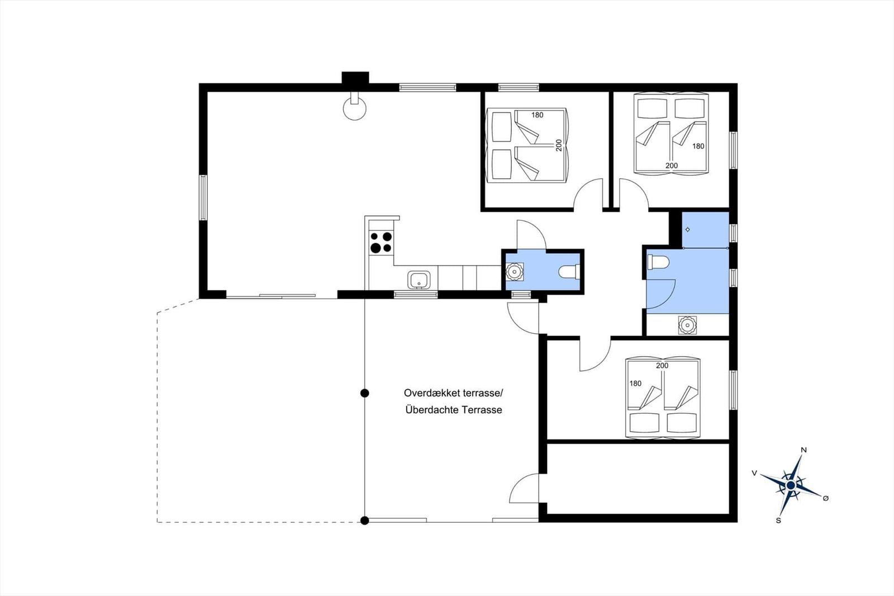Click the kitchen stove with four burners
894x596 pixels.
pos(381,242)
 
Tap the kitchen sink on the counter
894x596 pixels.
pos(419,280)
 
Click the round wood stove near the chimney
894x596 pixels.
pos(354,107)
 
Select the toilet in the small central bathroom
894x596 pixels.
pos(569,272)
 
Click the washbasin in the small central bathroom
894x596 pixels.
pos(515,272)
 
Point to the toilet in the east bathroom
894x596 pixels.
pos(658,262)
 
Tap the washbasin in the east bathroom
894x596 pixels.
pos(687,325)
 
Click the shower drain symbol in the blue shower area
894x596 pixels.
pos(688,230)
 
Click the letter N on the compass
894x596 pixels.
pos(804,450)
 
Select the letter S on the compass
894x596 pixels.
pos(778,521)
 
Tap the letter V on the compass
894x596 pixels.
pos(754,473)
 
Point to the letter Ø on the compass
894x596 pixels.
pos(826,498)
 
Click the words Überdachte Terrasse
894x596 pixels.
pos(454,410)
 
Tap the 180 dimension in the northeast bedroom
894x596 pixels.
pos(698,146)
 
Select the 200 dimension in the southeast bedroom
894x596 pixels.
pos(662,366)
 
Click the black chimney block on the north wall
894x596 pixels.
pos(355,78)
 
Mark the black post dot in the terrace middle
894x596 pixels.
pos(364,394)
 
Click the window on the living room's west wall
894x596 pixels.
pos(203,197)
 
